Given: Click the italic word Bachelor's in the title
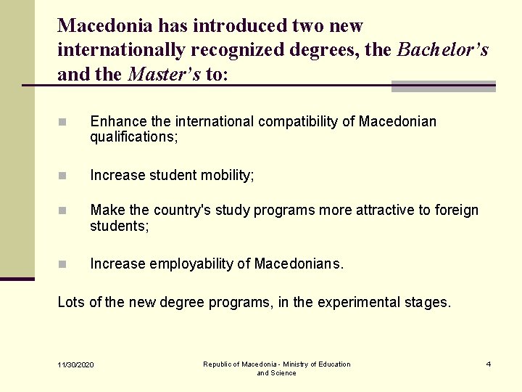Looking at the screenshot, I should (x=443, y=50).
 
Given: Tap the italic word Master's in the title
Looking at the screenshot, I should (x=164, y=74).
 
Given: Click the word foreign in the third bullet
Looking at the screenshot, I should (x=456, y=211).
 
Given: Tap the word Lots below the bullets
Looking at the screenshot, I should (x=71, y=302).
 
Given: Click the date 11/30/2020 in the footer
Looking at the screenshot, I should (x=76, y=364).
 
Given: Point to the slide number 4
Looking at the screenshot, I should (x=489, y=364).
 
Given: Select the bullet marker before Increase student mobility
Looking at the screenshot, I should (x=64, y=176).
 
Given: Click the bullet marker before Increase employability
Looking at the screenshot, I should (x=64, y=265).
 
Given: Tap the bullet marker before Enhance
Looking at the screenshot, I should (x=64, y=122).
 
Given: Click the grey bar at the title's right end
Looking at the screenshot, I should (x=443, y=86).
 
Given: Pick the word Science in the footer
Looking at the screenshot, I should (x=283, y=373).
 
